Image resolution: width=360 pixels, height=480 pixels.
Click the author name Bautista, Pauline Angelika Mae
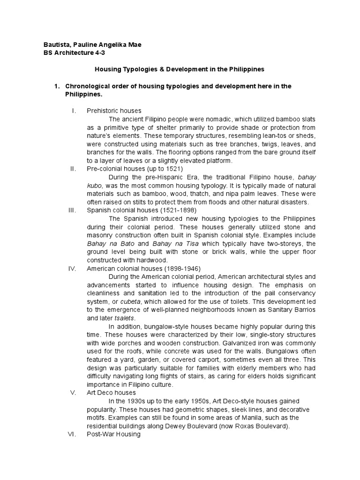coord(91,45)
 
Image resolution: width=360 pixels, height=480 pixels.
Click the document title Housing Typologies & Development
coord(180,69)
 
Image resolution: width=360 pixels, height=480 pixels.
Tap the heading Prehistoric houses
coord(114,111)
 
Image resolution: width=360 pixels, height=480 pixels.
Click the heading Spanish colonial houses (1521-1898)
coord(142,210)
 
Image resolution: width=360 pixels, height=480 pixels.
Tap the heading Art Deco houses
coord(111,392)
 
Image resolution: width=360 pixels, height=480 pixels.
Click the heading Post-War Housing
coord(113,434)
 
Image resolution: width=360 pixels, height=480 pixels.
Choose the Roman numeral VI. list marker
coord(72,434)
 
